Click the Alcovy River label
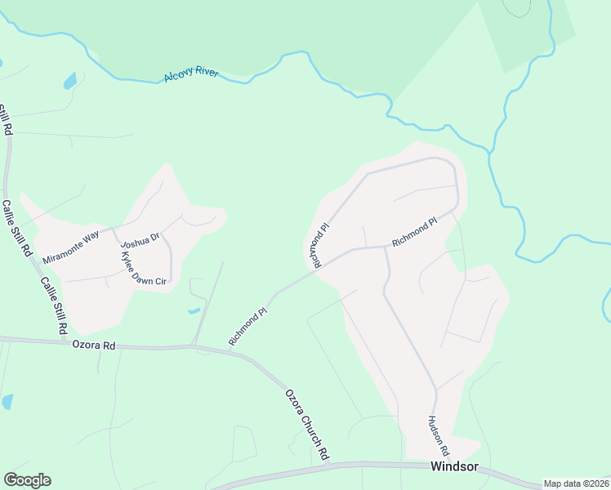[x=190, y=74]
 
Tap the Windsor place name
[x=453, y=468]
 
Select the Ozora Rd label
[x=93, y=345]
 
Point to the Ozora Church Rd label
[x=307, y=424]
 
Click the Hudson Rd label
[x=438, y=435]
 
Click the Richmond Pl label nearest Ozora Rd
[x=248, y=326]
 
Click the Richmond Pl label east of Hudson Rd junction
[x=415, y=233]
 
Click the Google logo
[x=27, y=480]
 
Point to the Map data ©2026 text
[x=576, y=483]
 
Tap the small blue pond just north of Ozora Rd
[x=193, y=310]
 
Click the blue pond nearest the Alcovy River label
[x=70, y=81]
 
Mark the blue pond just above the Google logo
[x=7, y=402]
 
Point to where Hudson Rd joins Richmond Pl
[x=385, y=246]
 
